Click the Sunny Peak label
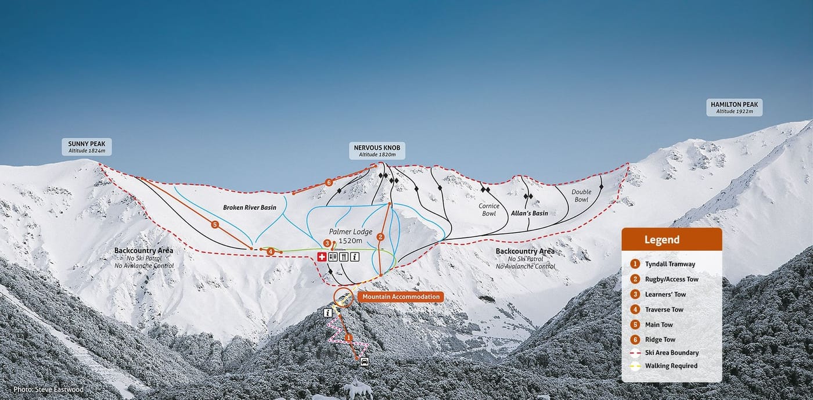pos(86,146)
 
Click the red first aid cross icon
pos(322,257)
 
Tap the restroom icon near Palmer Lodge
pos(333,257)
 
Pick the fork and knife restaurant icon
pos(344,257)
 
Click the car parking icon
pos(365,362)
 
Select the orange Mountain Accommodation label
pos(400,297)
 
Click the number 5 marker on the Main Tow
pos(215,224)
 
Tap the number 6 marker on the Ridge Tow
pos(329,182)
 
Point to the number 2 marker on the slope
pos(380,236)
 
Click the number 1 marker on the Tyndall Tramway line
pos(348,337)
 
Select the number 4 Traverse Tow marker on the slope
pos(271,251)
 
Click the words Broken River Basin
pos(249,207)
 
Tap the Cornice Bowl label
pos(489,210)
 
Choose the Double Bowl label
pos(581,196)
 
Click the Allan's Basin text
pos(529,213)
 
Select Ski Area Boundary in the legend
pos(671,352)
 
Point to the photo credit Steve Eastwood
pos(48,390)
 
